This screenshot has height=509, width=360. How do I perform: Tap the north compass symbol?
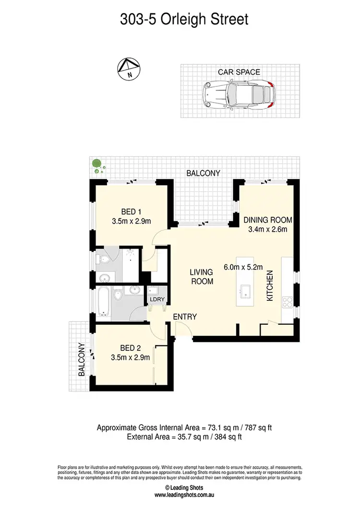128,69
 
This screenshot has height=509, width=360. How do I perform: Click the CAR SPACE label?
239,72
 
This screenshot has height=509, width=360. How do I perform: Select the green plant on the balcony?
97,165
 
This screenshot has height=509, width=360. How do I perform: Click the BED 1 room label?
131,212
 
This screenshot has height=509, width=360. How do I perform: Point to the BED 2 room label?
131,348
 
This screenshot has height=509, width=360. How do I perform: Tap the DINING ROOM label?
268,220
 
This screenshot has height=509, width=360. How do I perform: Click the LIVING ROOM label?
202,277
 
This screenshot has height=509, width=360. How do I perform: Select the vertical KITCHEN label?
270,286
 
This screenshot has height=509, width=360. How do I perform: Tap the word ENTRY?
185,317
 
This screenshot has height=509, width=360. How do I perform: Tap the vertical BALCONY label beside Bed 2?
82,359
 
